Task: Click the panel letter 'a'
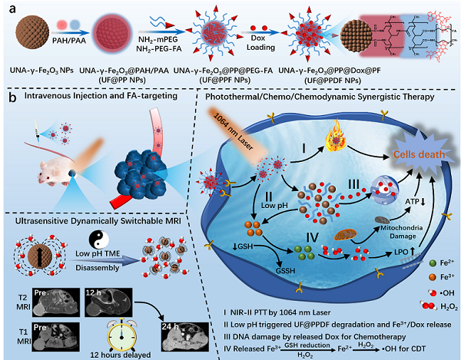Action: click(8, 9)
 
